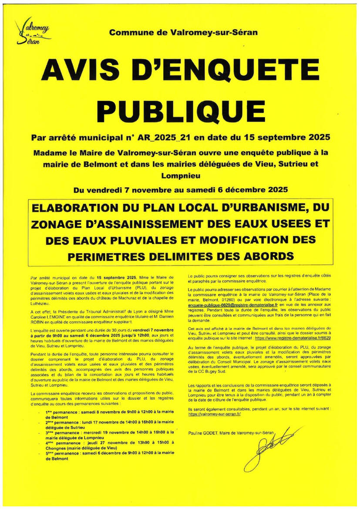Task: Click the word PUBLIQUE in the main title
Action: (x=180, y=107)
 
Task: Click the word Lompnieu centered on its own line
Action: (x=180, y=176)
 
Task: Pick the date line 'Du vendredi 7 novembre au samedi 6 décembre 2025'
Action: (x=180, y=190)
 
